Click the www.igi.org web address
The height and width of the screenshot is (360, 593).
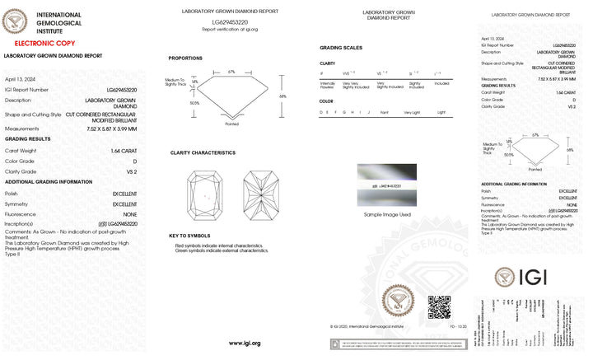click(x=245, y=343)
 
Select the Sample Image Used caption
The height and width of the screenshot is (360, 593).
click(x=386, y=213)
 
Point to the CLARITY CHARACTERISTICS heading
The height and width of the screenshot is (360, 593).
click(x=203, y=152)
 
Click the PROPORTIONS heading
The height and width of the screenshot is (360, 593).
click(x=185, y=58)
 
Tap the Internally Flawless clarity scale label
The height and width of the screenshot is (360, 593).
click(x=327, y=84)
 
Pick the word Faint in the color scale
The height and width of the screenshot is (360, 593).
click(x=385, y=111)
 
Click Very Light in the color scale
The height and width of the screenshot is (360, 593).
click(x=411, y=111)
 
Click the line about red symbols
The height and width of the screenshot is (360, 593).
click(x=217, y=245)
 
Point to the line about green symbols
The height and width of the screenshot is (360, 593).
click(x=219, y=250)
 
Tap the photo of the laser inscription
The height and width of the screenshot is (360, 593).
click(x=386, y=185)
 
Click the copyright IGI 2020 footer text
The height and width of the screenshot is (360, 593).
click(x=363, y=327)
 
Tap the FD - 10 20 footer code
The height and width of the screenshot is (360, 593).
click(x=456, y=327)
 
